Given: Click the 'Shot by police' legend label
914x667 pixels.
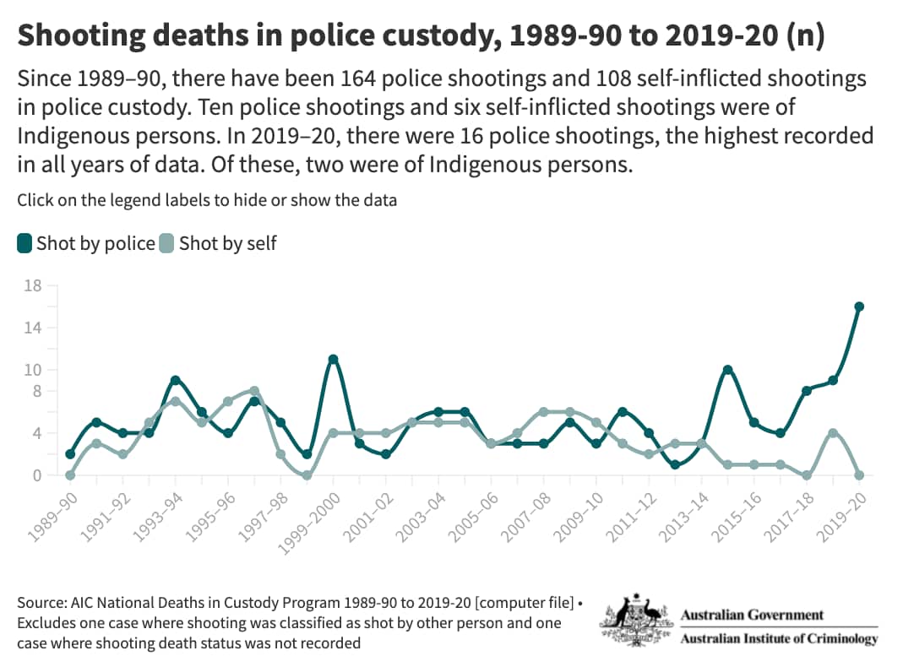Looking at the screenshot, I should point(95,244).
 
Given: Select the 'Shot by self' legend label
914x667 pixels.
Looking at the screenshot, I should point(227,244).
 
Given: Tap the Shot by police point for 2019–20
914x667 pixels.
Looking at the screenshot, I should point(859,306).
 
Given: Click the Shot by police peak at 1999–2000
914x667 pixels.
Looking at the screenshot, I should point(334,360).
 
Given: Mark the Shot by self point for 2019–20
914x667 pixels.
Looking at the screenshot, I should point(859,475).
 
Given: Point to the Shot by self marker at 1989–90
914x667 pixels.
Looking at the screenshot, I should point(70,475).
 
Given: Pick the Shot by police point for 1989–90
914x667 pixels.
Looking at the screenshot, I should point(70,454).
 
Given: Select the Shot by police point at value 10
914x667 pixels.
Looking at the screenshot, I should point(727,370).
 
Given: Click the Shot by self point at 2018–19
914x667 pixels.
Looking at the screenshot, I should point(833,433).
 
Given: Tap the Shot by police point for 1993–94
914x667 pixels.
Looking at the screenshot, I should point(175,381).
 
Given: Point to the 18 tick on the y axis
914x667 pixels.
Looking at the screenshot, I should point(33,285).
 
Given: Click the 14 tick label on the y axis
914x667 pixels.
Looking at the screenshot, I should point(33,328).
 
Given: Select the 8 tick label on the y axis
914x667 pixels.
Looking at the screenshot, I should point(36,391).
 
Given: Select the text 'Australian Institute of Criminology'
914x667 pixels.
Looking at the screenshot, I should point(779,638).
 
